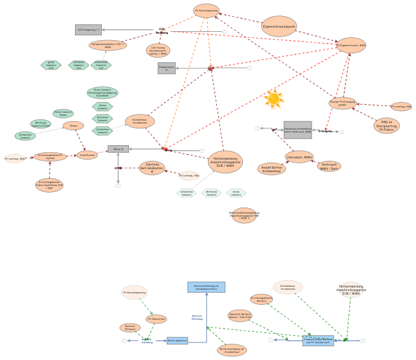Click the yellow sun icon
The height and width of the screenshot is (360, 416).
coord(273,99)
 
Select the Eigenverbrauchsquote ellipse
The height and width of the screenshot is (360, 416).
coord(279,26)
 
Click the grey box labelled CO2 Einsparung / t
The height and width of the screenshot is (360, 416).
coord(88,29)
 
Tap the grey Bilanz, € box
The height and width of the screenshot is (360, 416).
coord(118,149)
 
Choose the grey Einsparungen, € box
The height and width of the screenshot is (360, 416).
coord(167,68)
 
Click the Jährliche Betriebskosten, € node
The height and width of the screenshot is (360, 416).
coord(152,168)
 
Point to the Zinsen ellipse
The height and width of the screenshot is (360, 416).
coord(73,126)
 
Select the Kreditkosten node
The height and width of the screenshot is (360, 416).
coord(87,155)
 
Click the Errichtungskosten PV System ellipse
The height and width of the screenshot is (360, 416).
coord(50,157)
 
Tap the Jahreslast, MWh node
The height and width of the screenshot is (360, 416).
coord(299,157)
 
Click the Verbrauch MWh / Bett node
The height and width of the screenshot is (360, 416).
coord(329,166)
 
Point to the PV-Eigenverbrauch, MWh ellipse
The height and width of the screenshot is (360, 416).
coord(351,46)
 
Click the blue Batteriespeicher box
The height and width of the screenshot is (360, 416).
coord(177,340)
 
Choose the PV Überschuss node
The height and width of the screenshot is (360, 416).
coord(156,319)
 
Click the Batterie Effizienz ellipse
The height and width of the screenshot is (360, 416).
coord(130,328)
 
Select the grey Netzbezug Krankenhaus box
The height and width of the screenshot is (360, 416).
coord(297,130)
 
